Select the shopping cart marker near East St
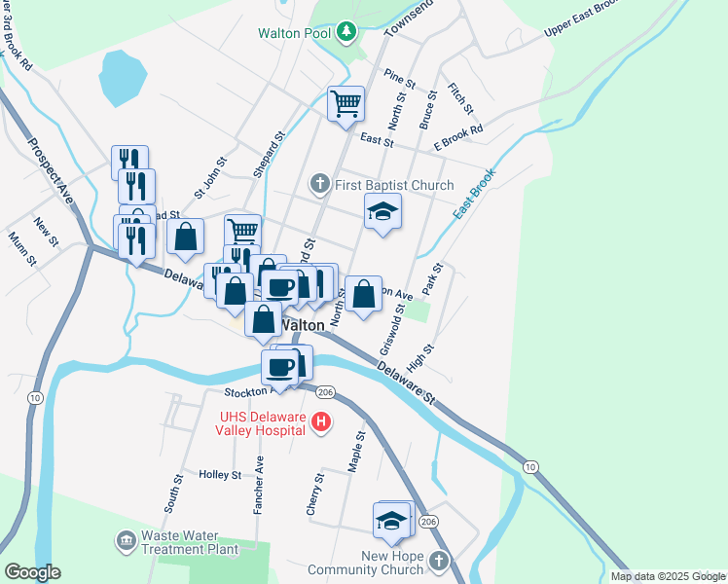[x=346, y=104]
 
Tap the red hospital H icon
[x=322, y=422]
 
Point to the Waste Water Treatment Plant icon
[x=126, y=539]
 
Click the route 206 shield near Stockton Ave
[x=326, y=391]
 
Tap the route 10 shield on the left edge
[x=35, y=397]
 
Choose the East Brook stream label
[x=474, y=193]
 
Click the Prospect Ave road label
[x=51, y=171]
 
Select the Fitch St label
[x=460, y=96]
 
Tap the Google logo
[x=33, y=572]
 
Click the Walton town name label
[x=302, y=325]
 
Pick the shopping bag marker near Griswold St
[x=363, y=295]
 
